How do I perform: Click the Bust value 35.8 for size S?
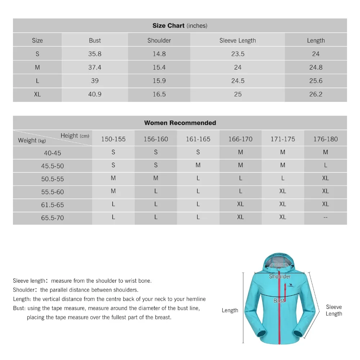pyautogui.click(x=95, y=54)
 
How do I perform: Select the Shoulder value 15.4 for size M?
pyautogui.click(x=159, y=67)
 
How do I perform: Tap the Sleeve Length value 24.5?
pyautogui.click(x=238, y=81)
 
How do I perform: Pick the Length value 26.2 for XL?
pyautogui.click(x=316, y=94)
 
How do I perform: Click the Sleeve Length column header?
pyautogui.click(x=238, y=40)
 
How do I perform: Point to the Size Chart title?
pyautogui.click(x=180, y=26)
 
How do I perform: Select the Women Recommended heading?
pyautogui.click(x=180, y=123)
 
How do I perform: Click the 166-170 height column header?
pyautogui.click(x=240, y=139)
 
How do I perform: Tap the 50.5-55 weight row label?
pyautogui.click(x=53, y=179)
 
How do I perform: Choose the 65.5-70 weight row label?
pyautogui.click(x=53, y=218)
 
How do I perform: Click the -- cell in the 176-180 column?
pyautogui.click(x=325, y=217)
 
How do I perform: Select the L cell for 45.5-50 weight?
pyautogui.click(x=325, y=165)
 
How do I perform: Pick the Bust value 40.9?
pyautogui.click(x=95, y=94)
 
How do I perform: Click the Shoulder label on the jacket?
pyautogui.click(x=280, y=276)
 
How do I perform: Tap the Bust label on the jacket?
pyautogui.click(x=279, y=301)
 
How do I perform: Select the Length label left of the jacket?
pyautogui.click(x=230, y=310)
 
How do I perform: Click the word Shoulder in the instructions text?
pyautogui.click(x=24, y=290)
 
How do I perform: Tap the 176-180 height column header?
pyautogui.click(x=325, y=139)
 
